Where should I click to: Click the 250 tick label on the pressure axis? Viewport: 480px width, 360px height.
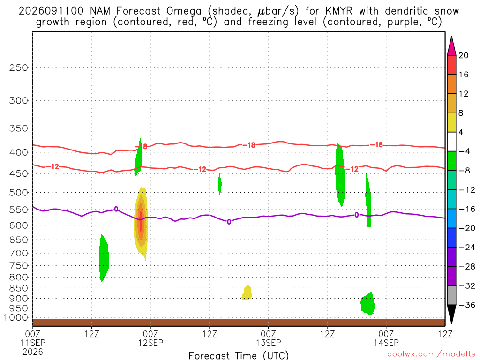(19, 67)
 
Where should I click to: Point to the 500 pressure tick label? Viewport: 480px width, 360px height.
(19, 193)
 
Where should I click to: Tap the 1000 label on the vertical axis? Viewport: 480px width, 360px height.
(16, 318)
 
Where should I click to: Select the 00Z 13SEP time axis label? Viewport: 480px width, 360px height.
(269, 338)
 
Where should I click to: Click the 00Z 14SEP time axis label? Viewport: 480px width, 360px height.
(386, 338)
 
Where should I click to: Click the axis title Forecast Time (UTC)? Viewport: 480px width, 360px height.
(239, 355)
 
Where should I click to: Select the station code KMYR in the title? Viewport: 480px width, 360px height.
(339, 11)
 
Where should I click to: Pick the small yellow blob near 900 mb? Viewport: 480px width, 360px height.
(247, 292)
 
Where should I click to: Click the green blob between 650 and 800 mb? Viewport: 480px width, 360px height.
(104, 258)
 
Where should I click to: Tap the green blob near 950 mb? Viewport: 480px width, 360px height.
(367, 303)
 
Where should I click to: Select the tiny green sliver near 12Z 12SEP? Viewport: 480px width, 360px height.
(219, 184)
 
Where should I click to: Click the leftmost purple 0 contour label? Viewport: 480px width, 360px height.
(116, 209)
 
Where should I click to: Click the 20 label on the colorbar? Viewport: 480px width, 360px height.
(464, 55)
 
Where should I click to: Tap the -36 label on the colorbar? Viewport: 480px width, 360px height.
(467, 305)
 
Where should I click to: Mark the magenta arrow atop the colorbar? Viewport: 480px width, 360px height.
(451, 46)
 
